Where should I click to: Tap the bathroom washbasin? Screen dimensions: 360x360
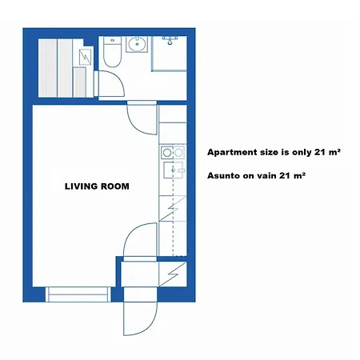137,44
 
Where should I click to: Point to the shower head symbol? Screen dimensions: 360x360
169,38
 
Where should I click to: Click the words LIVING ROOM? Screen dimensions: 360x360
97,186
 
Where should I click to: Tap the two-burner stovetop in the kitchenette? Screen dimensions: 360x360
168,152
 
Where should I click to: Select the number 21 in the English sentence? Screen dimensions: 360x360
311,151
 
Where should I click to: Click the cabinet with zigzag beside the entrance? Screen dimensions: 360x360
174,274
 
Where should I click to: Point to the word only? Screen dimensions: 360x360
291,151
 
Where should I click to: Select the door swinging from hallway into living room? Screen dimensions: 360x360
138,240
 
